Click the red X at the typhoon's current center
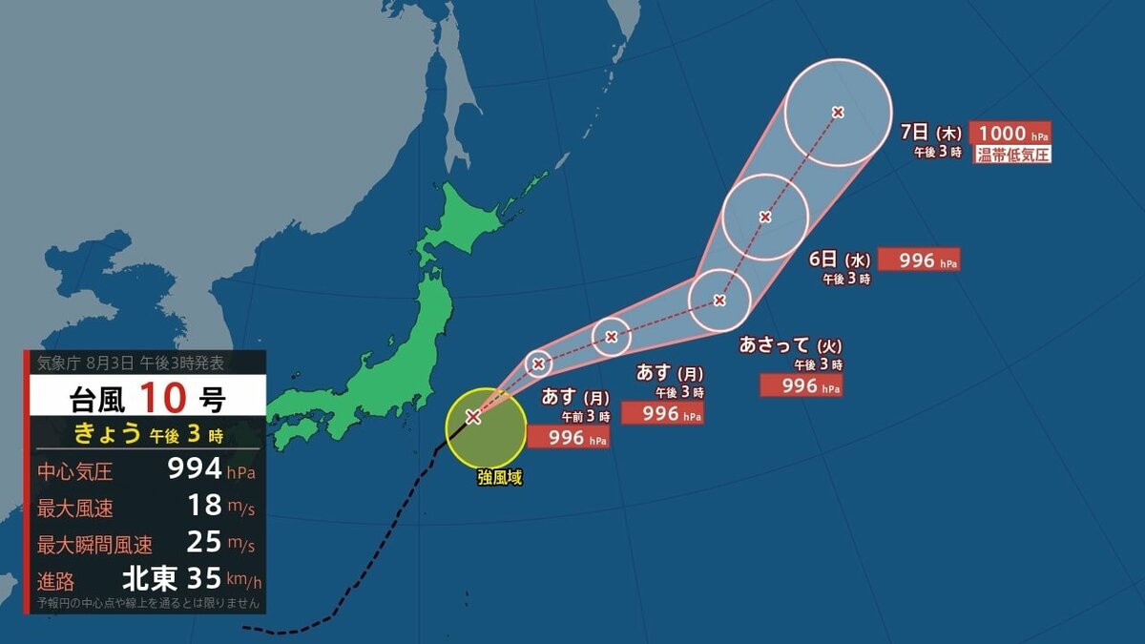[472, 416]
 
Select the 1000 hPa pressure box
[1010, 134]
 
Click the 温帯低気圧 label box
[1011, 155]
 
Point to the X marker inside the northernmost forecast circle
[838, 113]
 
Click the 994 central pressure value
[195, 468]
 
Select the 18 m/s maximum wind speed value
[204, 505]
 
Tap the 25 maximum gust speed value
[204, 542]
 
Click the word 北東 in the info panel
[150, 579]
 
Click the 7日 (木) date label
[931, 133]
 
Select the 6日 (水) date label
[840, 260]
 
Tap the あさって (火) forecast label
[790, 345]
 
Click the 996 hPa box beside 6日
[918, 260]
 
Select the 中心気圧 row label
[74, 470]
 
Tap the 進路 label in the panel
[56, 580]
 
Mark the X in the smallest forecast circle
[539, 364]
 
